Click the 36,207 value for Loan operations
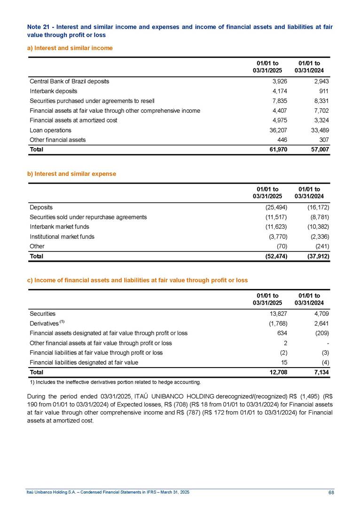(x=278, y=130)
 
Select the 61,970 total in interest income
(x=277, y=149)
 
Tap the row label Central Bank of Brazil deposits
(x=69, y=81)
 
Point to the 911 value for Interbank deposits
(x=323, y=91)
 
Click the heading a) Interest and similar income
(x=70, y=48)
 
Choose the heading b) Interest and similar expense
(x=71, y=174)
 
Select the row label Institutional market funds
(x=62, y=237)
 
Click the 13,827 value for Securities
(x=278, y=313)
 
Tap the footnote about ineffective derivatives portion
(x=115, y=382)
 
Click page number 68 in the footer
(x=331, y=492)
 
